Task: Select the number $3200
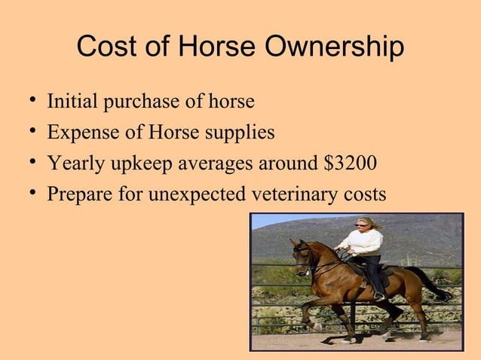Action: [x=349, y=163]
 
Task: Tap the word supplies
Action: [x=235, y=133]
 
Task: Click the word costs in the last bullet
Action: [x=365, y=195]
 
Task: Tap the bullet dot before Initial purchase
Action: [x=28, y=100]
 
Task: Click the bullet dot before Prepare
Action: [x=28, y=194]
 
